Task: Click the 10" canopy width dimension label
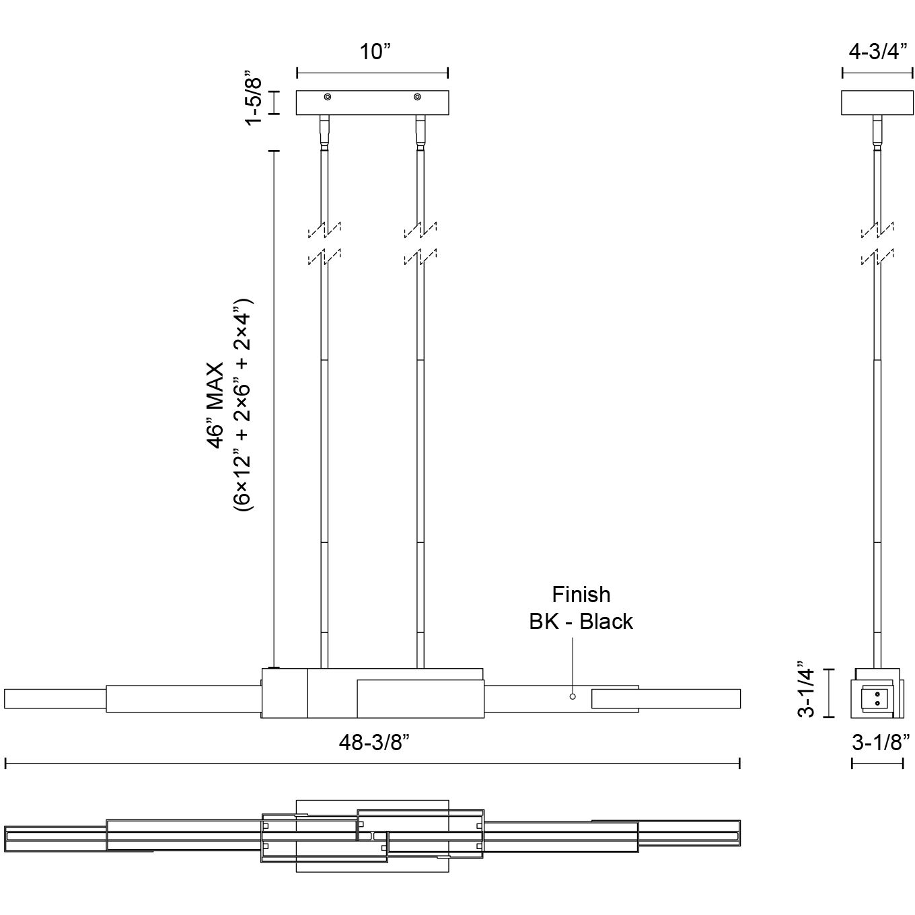point(374,52)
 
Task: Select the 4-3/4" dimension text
point(878,52)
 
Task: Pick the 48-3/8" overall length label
point(374,743)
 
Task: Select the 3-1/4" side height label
point(807,692)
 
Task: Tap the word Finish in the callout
point(581,595)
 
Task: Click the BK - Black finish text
point(581,622)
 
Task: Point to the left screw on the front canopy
point(328,98)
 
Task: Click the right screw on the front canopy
point(418,98)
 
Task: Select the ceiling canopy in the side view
point(877,102)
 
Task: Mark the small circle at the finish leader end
point(573,696)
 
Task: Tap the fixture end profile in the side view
point(877,693)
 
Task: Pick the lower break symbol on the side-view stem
point(877,257)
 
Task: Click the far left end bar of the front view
point(54,699)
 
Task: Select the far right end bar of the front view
point(690,699)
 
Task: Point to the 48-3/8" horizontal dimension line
point(373,763)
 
